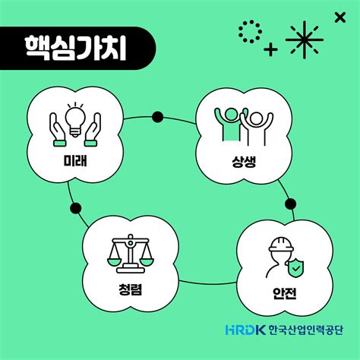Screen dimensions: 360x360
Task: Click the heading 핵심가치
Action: [76, 48]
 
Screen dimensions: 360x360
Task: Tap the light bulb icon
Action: [75, 119]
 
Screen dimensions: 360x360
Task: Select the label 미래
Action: [75, 160]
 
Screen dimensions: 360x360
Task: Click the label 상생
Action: [244, 162]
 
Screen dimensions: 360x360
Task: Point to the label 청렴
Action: [131, 289]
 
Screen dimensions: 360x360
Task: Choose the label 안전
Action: [285, 293]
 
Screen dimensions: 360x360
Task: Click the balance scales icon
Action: [131, 254]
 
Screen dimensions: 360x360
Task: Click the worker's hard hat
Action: [281, 244]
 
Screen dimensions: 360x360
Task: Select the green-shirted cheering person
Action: [231, 125]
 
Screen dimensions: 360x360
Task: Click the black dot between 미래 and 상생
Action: [158, 117]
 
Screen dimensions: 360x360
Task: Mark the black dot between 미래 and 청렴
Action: [76, 208]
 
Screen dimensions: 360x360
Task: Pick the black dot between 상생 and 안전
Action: [290, 204]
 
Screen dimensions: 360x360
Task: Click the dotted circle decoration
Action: [250, 32]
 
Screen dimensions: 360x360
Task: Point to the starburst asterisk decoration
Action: [305, 40]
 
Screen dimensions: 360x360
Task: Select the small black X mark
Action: [340, 17]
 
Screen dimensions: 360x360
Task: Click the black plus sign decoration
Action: [270, 49]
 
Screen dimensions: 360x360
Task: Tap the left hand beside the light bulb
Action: [58, 130]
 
